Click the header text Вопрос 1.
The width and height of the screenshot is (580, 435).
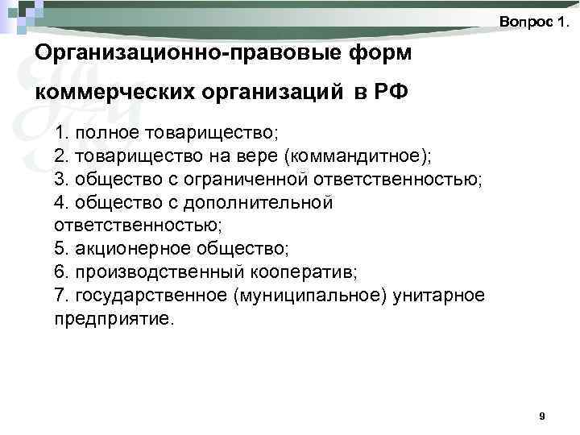coord(532,22)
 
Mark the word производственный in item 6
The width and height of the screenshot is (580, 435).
coord(144,272)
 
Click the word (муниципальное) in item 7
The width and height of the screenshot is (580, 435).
coord(311,296)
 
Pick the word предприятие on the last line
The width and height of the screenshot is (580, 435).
coord(112,319)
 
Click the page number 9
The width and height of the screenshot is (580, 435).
coord(541,416)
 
